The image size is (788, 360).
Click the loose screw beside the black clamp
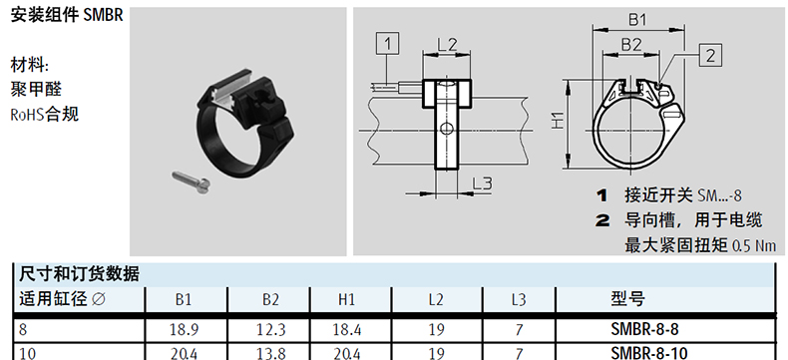(x=191, y=181)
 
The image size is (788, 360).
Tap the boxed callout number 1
(x=387, y=44)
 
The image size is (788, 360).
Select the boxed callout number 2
(x=710, y=55)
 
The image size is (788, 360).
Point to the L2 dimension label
(x=446, y=45)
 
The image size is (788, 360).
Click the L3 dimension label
(x=482, y=184)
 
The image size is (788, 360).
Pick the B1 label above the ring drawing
(x=637, y=20)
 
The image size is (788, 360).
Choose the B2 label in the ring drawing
(x=631, y=45)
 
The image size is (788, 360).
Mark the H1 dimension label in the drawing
(x=557, y=122)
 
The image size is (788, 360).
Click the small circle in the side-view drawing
(x=446, y=129)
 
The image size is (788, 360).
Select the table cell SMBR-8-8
(x=644, y=329)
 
